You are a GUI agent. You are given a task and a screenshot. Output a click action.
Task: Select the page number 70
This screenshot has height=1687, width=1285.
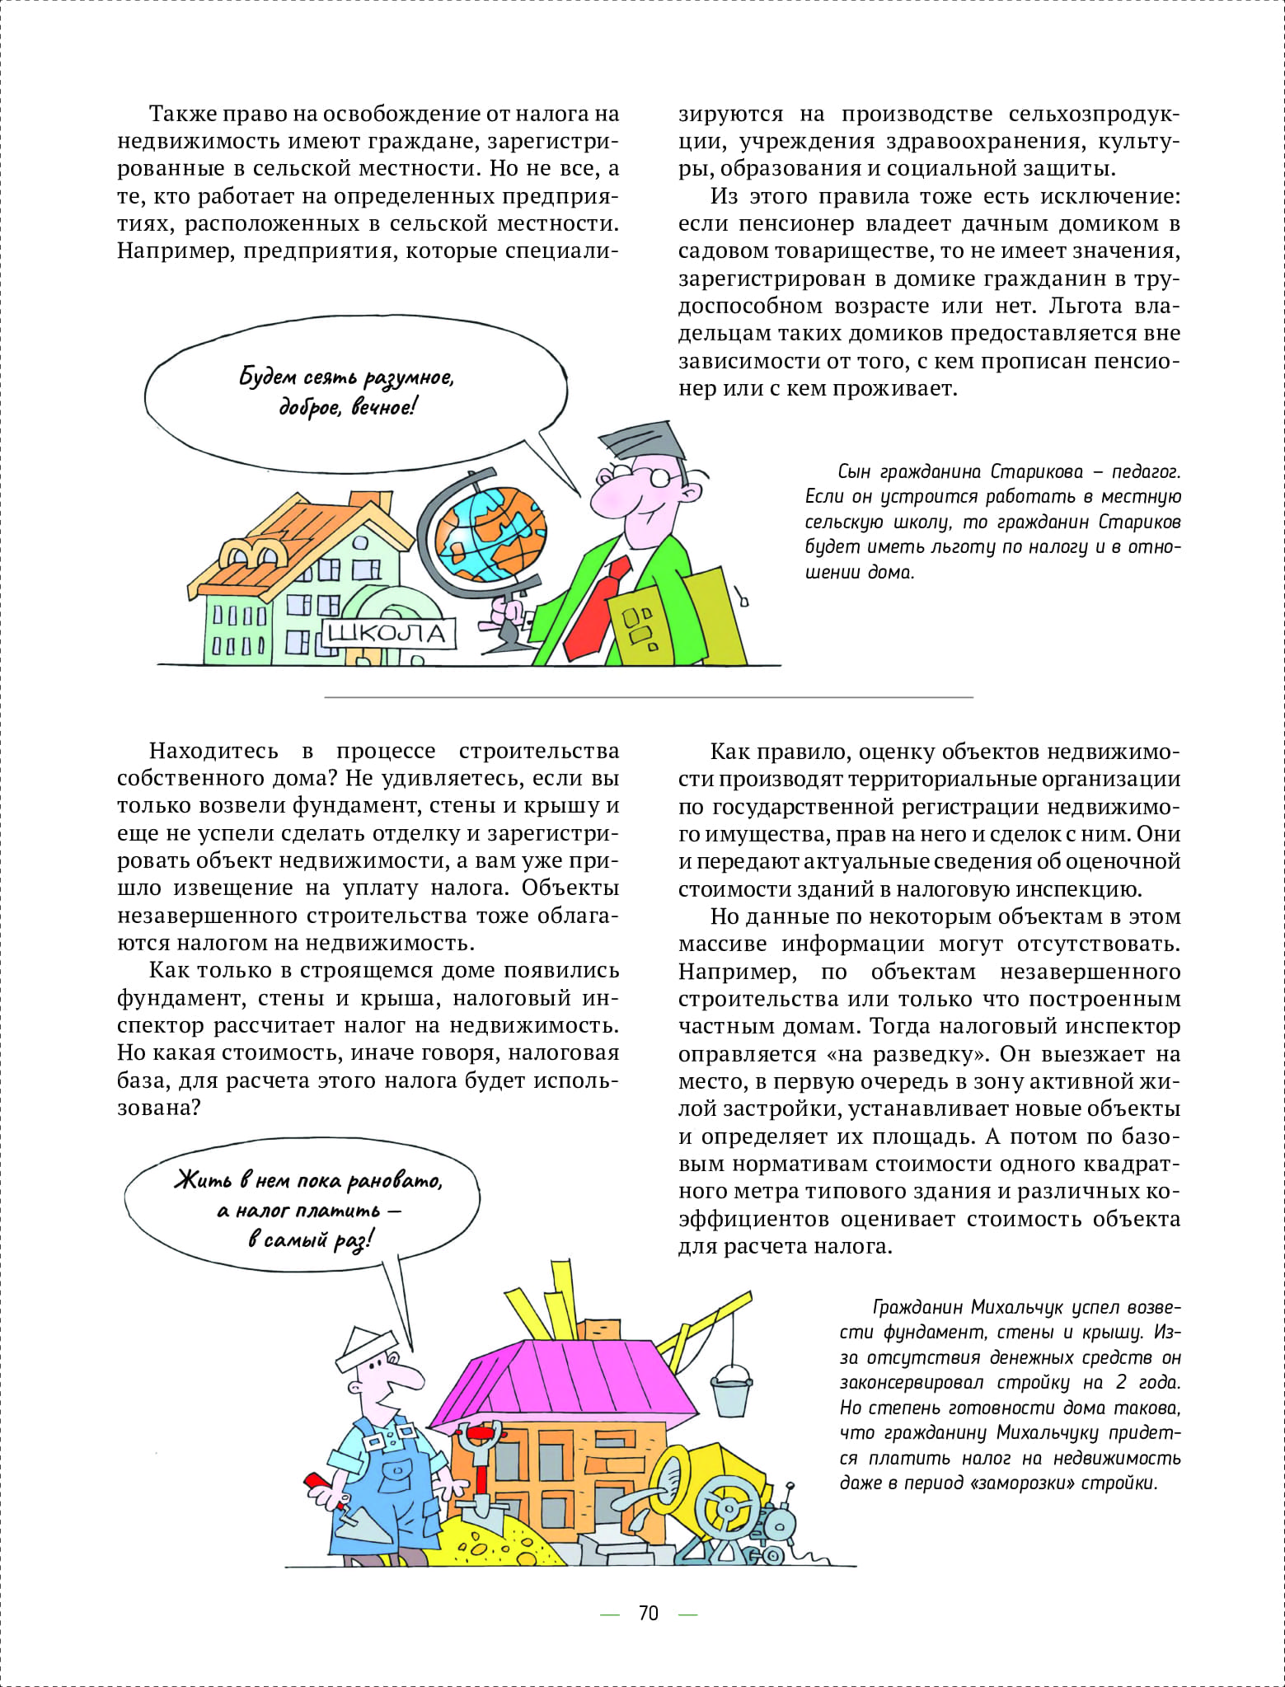click(649, 1613)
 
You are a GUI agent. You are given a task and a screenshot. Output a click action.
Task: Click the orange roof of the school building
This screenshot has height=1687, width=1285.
click(297, 536)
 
